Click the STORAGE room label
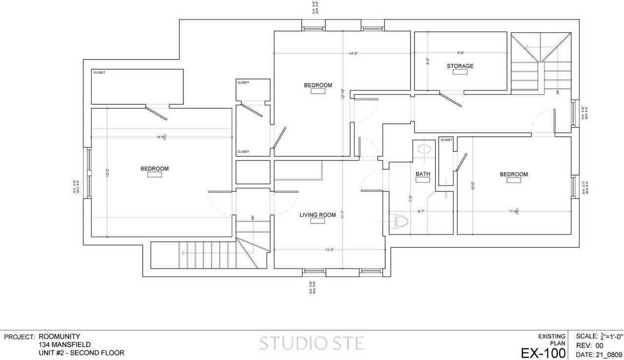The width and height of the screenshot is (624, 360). click(x=460, y=66)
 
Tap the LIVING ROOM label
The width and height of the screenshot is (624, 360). click(x=317, y=215)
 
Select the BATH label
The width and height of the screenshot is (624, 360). click(x=423, y=174)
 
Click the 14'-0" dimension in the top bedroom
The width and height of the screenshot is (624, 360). click(x=353, y=54)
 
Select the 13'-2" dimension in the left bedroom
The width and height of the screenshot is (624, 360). click(x=107, y=173)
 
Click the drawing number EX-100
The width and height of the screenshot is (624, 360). click(x=543, y=353)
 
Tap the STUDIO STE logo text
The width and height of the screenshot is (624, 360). click(x=311, y=343)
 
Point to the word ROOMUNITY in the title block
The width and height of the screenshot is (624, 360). click(x=59, y=337)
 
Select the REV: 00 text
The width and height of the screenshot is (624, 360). click(x=589, y=345)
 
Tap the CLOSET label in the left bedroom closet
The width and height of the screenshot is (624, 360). click(x=99, y=73)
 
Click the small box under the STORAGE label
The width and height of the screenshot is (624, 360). click(x=460, y=72)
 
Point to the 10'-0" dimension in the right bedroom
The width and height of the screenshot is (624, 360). click(x=472, y=185)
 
